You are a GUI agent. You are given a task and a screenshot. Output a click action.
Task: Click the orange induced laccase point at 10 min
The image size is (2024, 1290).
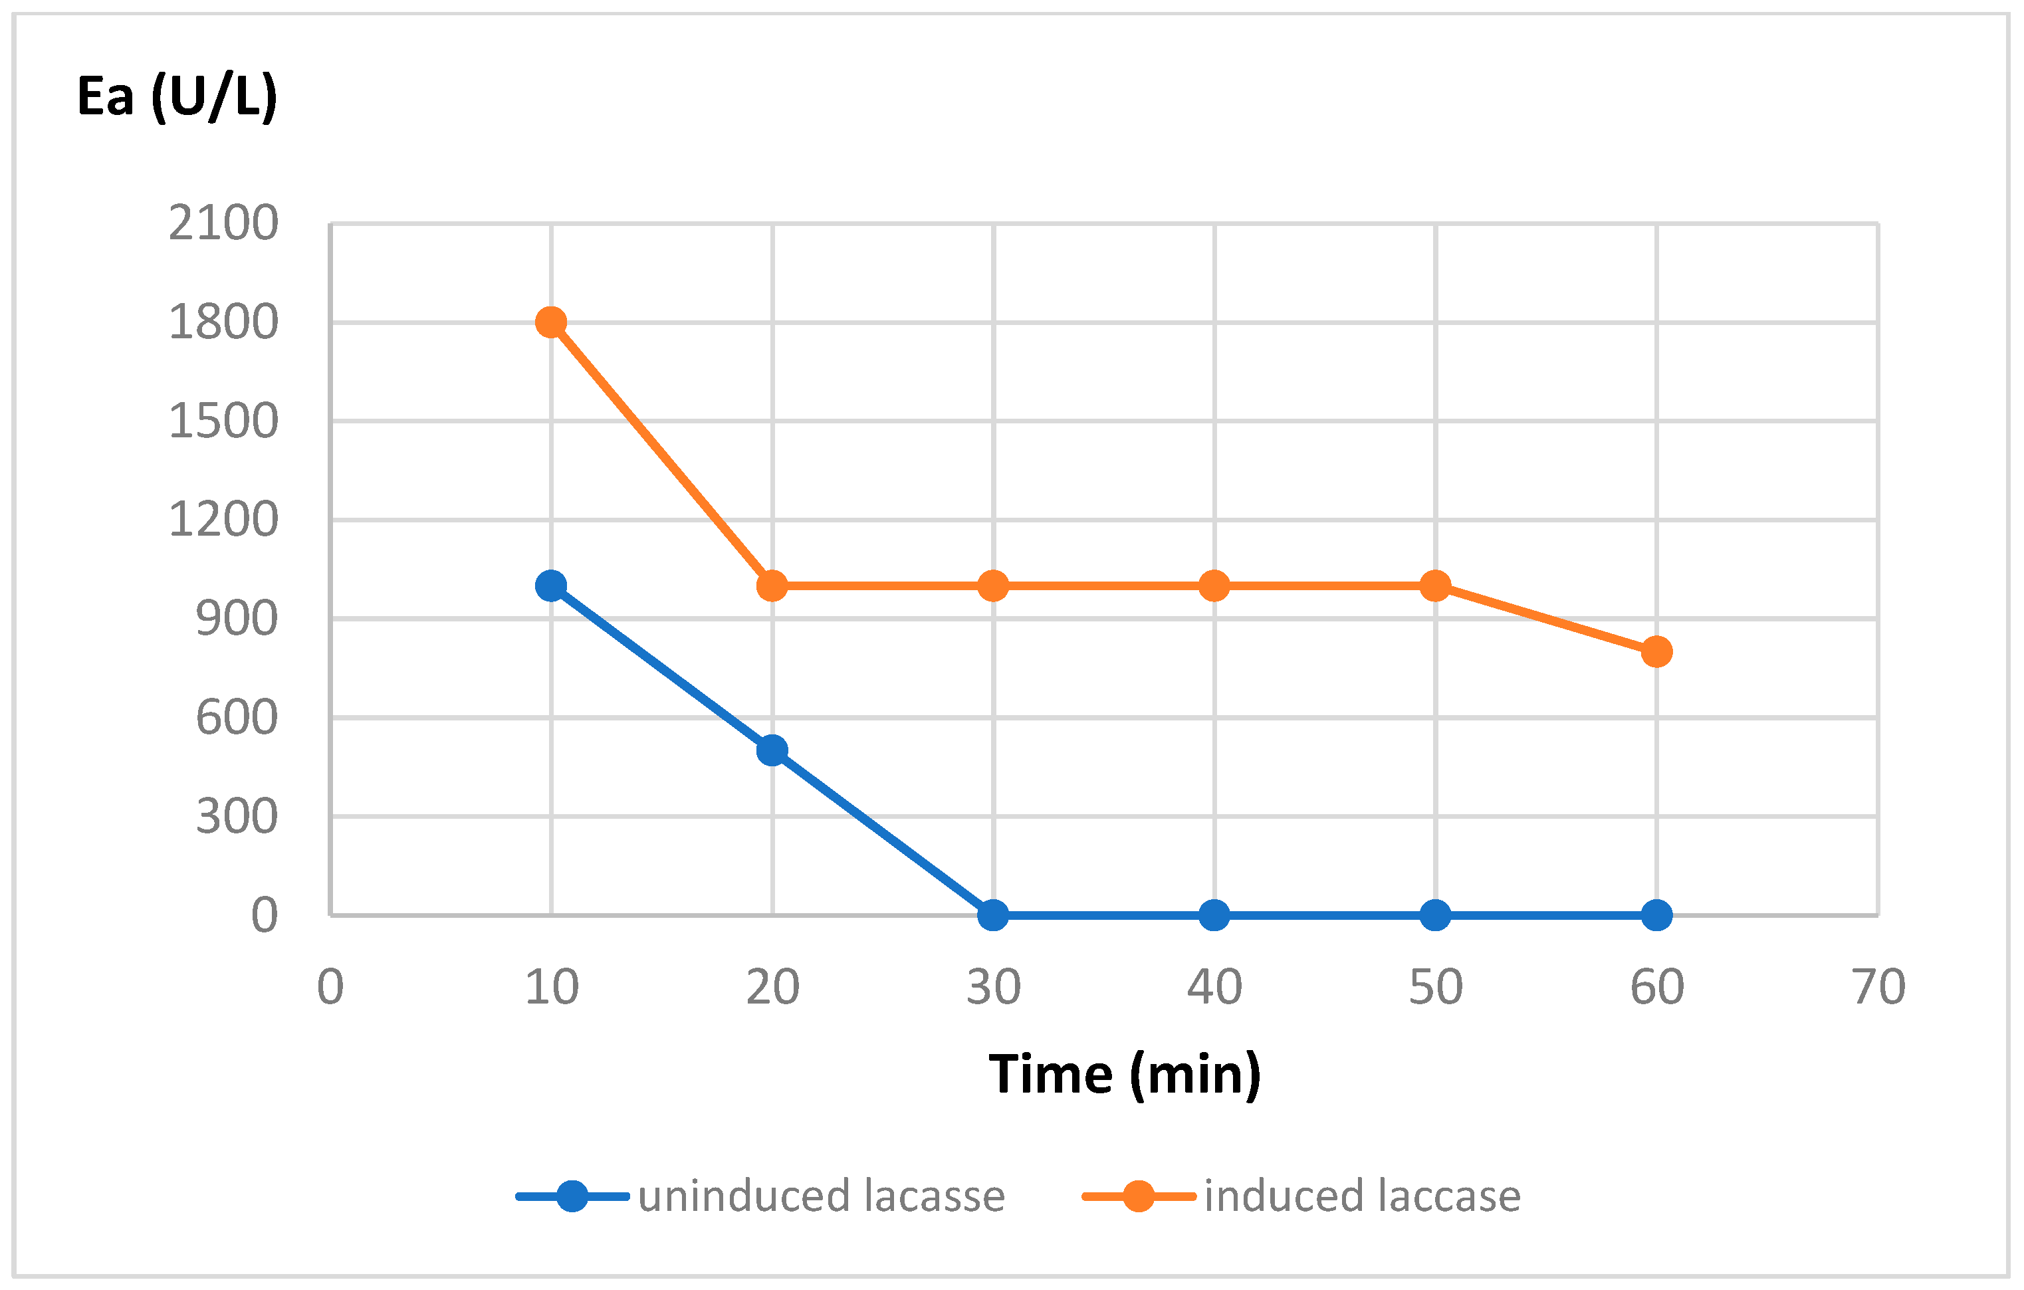[x=550, y=322]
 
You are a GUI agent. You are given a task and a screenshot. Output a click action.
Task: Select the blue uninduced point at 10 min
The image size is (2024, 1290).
[x=550, y=585]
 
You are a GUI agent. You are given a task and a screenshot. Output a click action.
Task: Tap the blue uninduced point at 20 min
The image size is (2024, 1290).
[x=772, y=750]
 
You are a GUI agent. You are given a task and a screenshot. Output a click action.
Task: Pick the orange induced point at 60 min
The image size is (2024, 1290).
[x=1656, y=651]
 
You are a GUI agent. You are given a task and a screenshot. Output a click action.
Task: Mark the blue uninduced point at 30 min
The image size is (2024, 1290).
[x=992, y=915]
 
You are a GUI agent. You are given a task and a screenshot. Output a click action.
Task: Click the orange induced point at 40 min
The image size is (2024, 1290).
[x=1214, y=585]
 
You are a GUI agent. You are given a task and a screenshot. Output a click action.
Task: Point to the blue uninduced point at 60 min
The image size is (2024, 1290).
[x=1656, y=915]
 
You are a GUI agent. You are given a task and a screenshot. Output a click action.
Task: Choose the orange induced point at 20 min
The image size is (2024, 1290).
[x=772, y=585]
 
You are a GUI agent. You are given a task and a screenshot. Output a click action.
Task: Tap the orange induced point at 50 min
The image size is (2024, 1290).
[x=1435, y=585]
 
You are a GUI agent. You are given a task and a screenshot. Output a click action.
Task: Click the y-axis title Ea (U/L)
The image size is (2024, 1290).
[x=177, y=96]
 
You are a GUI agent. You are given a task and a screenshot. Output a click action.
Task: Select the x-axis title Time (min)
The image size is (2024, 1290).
[x=1125, y=1074]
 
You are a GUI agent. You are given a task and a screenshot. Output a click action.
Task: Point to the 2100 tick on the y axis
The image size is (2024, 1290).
[x=223, y=223]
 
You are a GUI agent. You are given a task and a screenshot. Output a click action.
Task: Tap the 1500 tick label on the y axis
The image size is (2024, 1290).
[x=223, y=421]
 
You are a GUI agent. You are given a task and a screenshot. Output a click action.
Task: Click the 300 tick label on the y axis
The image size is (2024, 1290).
[x=236, y=816]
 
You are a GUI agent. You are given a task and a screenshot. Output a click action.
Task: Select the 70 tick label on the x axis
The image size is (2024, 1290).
[x=1878, y=988]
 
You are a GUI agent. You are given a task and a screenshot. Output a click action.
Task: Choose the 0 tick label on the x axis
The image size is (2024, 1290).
[x=330, y=988]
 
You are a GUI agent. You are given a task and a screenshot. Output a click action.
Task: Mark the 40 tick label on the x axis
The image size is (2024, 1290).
[x=1214, y=988]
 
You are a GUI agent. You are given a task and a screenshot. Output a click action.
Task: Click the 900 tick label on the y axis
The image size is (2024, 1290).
[x=236, y=619]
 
